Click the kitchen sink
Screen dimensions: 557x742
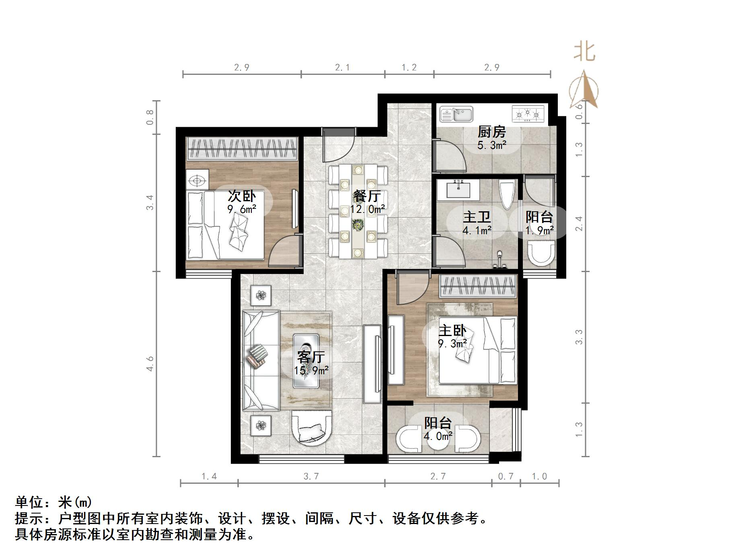point(456,114)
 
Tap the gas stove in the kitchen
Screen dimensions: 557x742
point(527,114)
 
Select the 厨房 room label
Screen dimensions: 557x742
point(491,132)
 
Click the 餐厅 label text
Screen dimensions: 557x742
point(367,196)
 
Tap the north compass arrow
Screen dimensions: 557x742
point(584,90)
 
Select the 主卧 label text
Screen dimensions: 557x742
point(452,331)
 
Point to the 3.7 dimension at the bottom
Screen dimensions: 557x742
point(311,477)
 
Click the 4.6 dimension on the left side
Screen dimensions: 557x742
point(150,363)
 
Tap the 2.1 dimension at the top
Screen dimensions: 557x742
point(342,67)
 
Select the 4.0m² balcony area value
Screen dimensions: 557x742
point(438,436)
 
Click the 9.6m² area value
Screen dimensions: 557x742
point(242,209)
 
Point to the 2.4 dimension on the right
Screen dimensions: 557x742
point(579,224)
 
